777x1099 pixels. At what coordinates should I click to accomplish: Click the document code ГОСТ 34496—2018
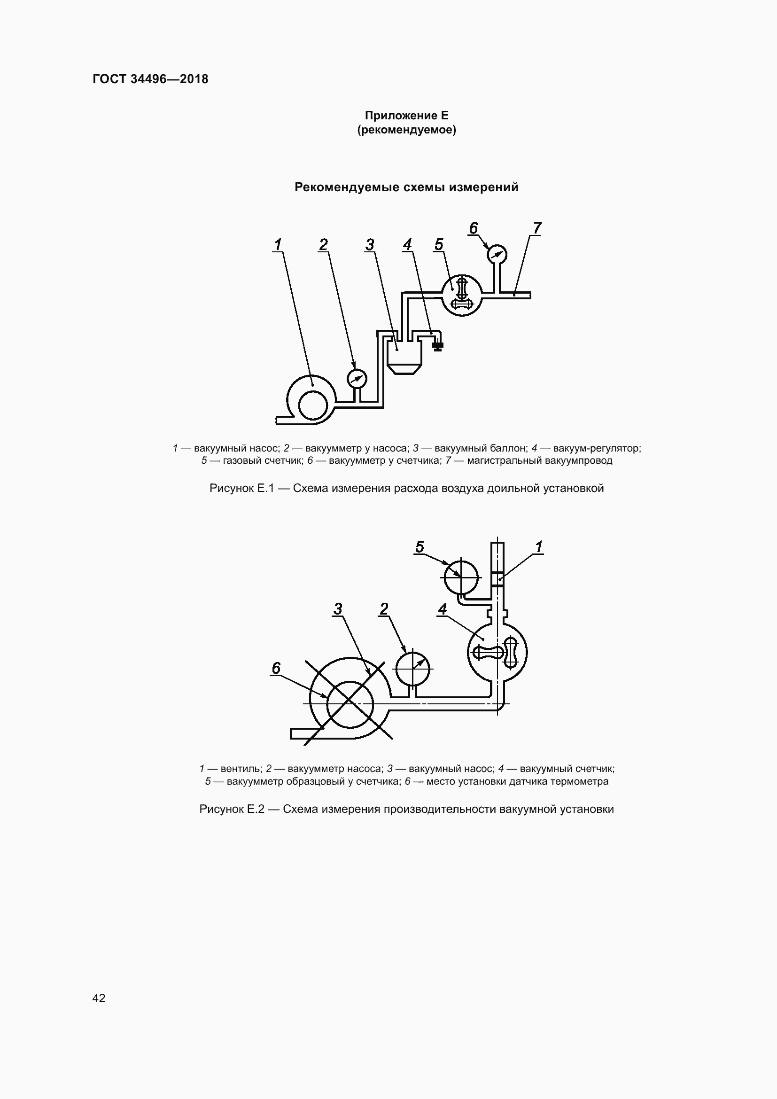click(x=151, y=79)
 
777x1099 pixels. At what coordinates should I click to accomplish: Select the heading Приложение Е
click(x=406, y=116)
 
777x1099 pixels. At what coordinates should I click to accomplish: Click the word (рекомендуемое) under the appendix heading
click(x=406, y=130)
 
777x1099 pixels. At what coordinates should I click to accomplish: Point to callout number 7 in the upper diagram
click(x=536, y=228)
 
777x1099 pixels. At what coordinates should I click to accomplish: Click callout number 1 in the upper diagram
click(x=278, y=245)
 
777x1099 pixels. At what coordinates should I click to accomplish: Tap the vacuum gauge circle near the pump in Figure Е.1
click(x=357, y=379)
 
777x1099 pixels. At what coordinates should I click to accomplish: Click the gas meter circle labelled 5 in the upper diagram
click(x=462, y=296)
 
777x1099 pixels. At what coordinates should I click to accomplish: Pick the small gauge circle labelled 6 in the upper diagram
click(x=497, y=254)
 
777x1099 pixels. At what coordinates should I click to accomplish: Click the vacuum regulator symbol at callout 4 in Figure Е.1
click(x=437, y=345)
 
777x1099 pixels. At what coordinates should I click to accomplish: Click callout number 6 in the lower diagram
click(x=276, y=668)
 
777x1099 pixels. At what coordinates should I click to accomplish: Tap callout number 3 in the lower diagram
click(x=338, y=609)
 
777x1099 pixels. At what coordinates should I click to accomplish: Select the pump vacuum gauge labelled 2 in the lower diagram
click(x=412, y=668)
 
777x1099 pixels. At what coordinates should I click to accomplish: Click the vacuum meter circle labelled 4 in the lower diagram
click(x=497, y=652)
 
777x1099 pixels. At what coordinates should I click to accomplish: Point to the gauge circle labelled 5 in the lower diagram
click(x=461, y=577)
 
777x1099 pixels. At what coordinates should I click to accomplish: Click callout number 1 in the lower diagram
click(x=539, y=546)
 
